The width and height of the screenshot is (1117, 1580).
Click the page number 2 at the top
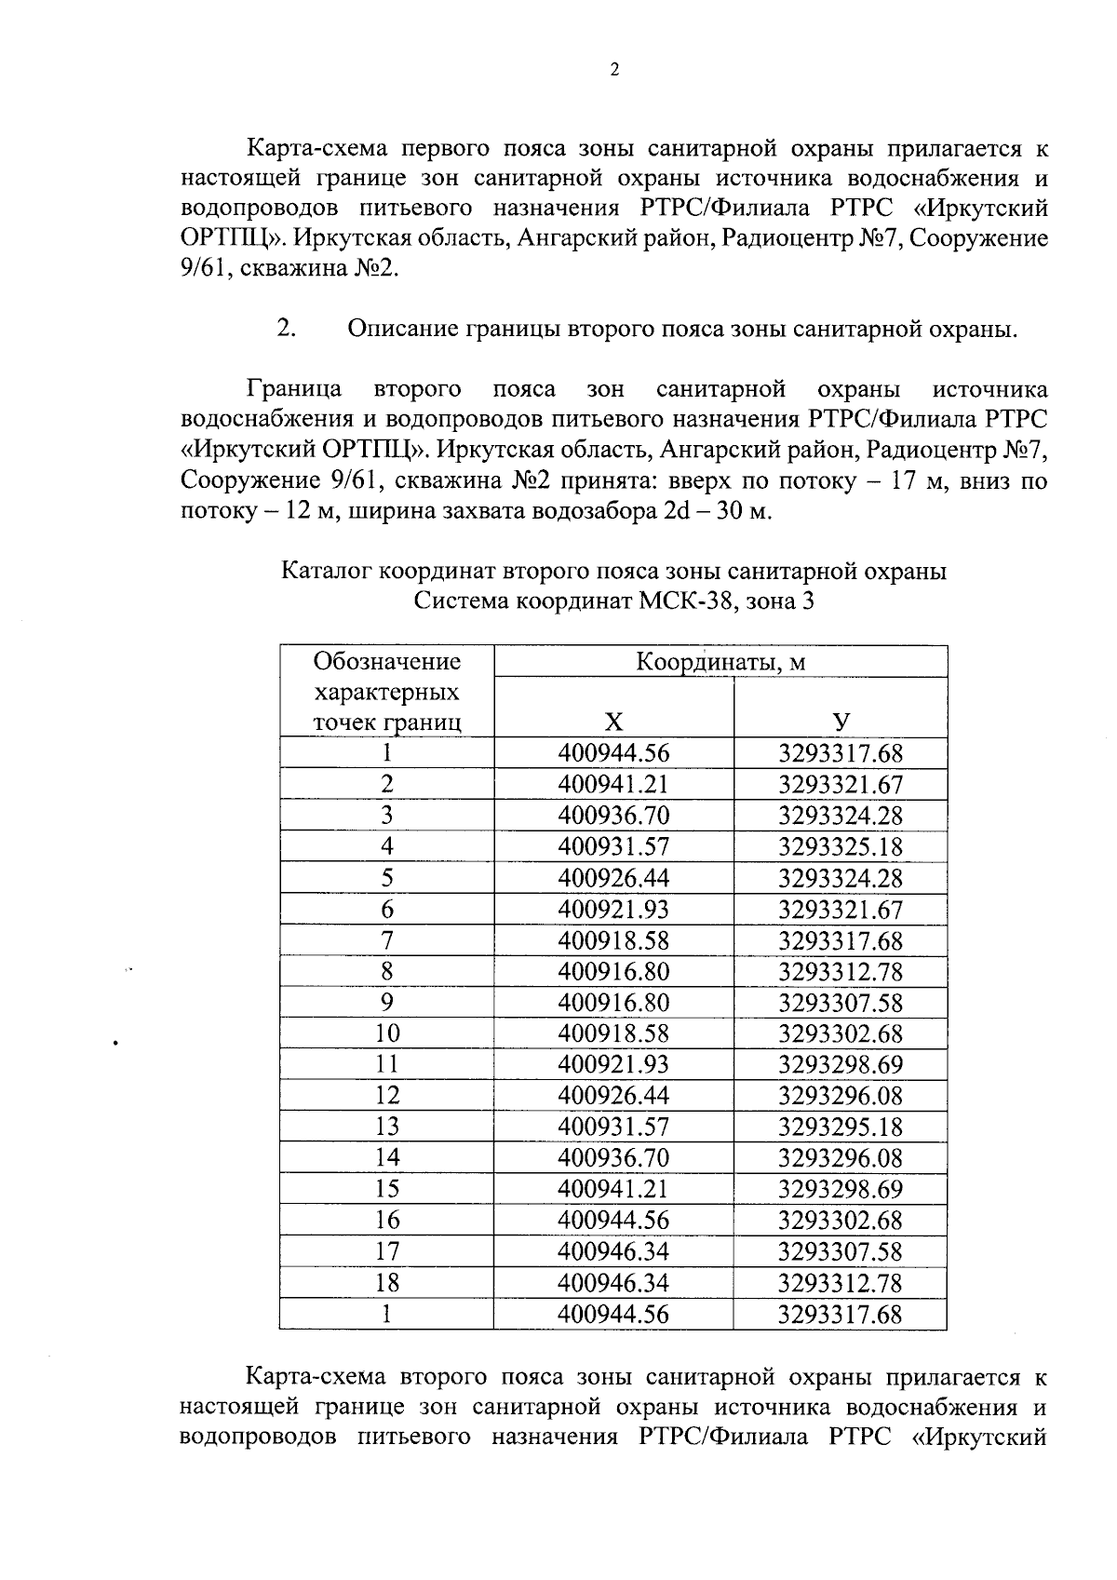point(613,71)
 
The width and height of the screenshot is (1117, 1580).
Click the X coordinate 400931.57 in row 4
point(612,847)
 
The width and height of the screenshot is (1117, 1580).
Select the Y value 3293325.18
point(840,847)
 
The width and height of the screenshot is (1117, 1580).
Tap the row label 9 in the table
point(386,1003)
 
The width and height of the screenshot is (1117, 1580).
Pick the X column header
point(612,722)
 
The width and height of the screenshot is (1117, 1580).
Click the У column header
point(841,722)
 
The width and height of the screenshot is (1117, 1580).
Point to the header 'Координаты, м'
point(720,662)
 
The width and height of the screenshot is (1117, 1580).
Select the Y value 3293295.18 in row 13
point(840,1128)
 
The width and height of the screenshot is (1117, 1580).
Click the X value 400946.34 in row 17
point(612,1251)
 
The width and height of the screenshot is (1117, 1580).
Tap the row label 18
point(386,1283)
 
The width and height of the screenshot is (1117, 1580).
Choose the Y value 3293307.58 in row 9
point(840,1003)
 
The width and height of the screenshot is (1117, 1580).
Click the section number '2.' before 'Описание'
point(286,329)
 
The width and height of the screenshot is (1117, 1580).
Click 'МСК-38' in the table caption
point(687,601)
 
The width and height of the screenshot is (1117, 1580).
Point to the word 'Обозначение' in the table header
point(387,662)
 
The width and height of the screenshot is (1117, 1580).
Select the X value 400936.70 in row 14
point(612,1158)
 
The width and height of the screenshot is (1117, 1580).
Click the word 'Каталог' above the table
point(325,571)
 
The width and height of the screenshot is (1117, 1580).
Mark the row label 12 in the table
point(386,1096)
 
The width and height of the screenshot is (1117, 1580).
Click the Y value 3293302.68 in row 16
point(840,1221)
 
